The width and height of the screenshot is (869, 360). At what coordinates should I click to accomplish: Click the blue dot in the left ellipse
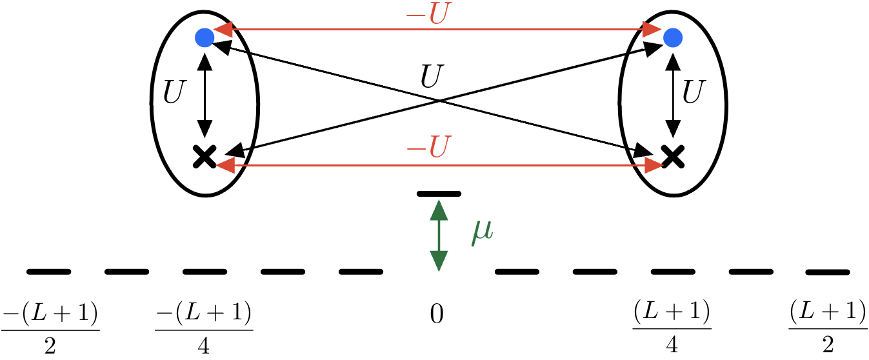[x=205, y=38]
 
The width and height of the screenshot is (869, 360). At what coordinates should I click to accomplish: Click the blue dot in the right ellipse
[x=672, y=38]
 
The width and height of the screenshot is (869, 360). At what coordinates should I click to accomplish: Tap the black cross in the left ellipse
[x=205, y=157]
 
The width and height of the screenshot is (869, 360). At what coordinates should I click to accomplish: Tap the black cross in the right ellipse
[x=672, y=157]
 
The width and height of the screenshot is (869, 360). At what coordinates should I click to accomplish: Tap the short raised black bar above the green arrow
[x=439, y=193]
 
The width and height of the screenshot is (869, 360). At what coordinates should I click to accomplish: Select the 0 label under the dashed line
[x=437, y=315]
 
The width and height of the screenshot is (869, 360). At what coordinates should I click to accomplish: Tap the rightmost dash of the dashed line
[x=828, y=272]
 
